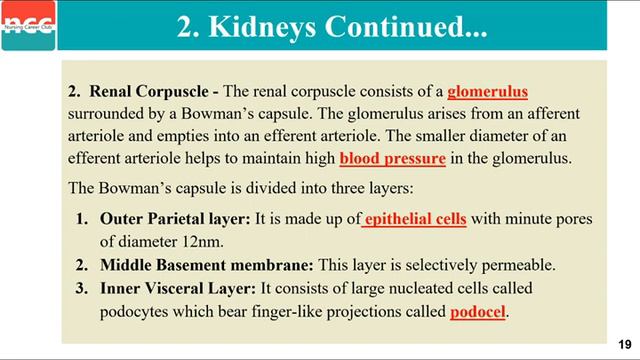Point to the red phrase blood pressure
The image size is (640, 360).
(x=389, y=158)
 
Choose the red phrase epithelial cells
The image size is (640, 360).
(x=414, y=217)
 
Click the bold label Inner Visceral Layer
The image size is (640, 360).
(x=177, y=288)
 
